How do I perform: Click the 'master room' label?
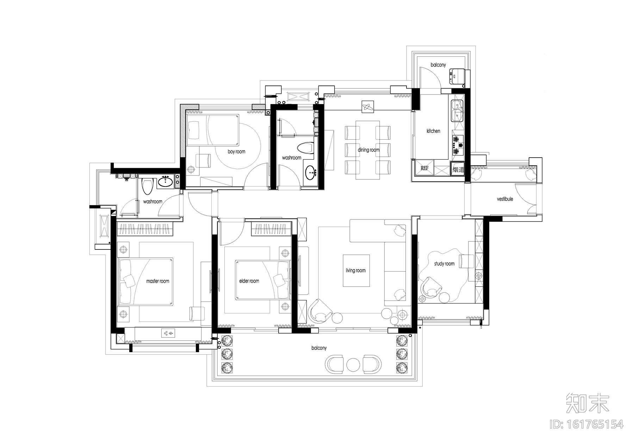[x=157, y=281]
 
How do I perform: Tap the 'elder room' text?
[x=249, y=281]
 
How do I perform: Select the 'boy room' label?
[x=236, y=152]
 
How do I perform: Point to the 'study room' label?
[x=444, y=264]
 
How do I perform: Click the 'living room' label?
[x=355, y=270]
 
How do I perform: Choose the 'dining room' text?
[x=368, y=150]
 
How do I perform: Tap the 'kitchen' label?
[x=433, y=131]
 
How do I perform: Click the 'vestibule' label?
[x=505, y=199]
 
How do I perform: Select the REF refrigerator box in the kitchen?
[x=424, y=168]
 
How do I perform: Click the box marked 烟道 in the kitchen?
[x=458, y=169]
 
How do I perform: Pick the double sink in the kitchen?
[x=457, y=110]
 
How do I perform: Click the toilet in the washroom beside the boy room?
[x=305, y=148]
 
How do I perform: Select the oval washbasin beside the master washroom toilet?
[x=165, y=182]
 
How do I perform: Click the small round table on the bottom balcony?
[x=352, y=365]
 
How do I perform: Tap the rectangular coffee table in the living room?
[x=356, y=271]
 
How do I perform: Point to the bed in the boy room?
[x=212, y=129]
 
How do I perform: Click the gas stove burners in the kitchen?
[x=457, y=145]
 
